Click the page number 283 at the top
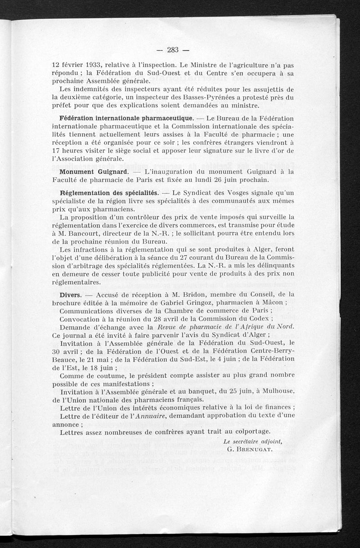pos(173,50)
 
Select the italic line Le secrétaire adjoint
pos(256,441)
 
